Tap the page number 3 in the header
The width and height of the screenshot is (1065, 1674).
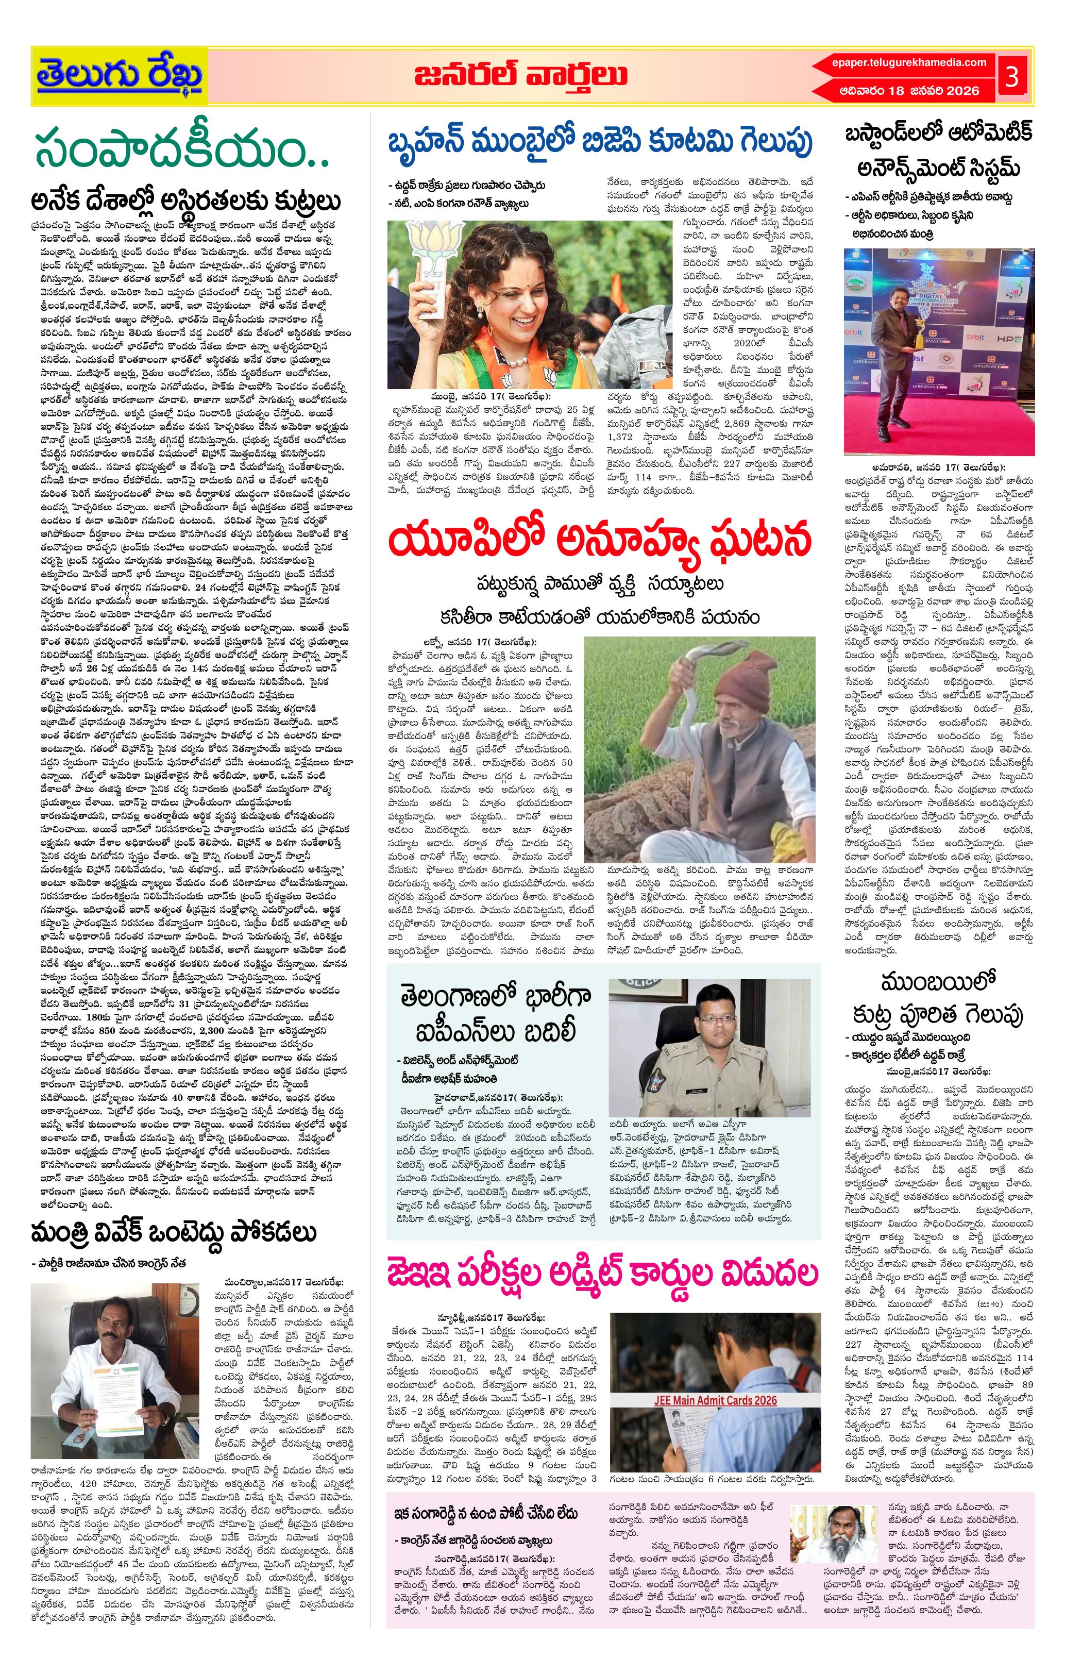tap(1011, 76)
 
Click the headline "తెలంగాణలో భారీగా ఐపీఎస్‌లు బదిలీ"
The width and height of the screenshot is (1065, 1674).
tap(496, 1014)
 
